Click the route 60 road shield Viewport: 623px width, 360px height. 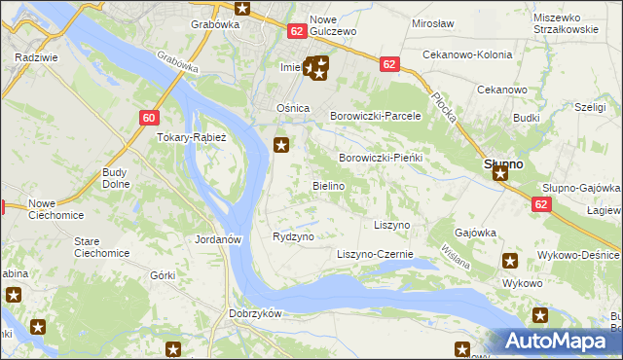[x=148, y=118]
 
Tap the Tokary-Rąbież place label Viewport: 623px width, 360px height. [x=192, y=138]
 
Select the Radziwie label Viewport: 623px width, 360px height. [x=34, y=57]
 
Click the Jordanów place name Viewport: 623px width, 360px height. [x=217, y=239]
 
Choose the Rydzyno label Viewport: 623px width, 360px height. [x=293, y=236]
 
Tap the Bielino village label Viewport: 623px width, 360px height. [x=327, y=185]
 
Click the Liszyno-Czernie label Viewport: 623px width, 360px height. [x=375, y=255]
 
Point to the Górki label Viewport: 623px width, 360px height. [x=163, y=275]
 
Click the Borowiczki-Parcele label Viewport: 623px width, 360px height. [x=376, y=115]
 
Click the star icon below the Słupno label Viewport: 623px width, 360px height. [x=500, y=174]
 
